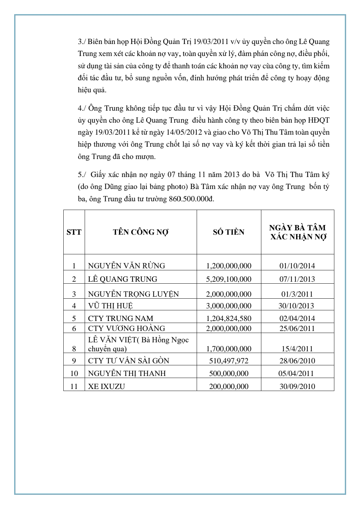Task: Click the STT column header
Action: point(74,232)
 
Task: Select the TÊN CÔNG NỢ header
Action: point(141,232)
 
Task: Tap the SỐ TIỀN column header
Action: point(229,232)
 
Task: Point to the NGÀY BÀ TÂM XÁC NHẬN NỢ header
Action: point(297,232)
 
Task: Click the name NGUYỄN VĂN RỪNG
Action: point(126,266)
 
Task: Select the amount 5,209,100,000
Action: point(229,279)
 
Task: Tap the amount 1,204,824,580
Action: point(229,318)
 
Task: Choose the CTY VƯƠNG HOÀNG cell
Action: point(126,328)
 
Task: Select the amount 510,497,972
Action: point(229,361)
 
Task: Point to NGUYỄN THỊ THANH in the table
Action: point(127,373)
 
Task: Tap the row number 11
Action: point(74,386)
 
